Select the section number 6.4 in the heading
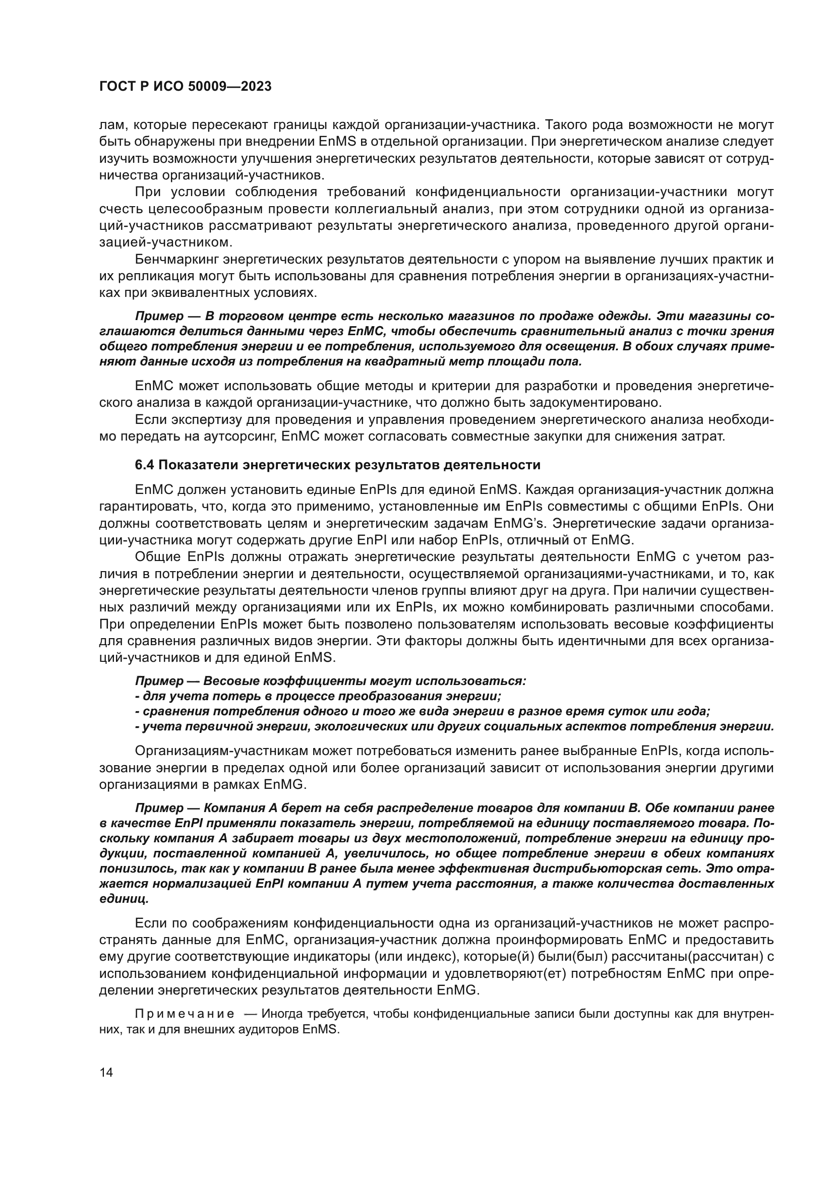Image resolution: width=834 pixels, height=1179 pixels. [x=144, y=465]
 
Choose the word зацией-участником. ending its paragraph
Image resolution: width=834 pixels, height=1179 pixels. [x=165, y=242]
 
